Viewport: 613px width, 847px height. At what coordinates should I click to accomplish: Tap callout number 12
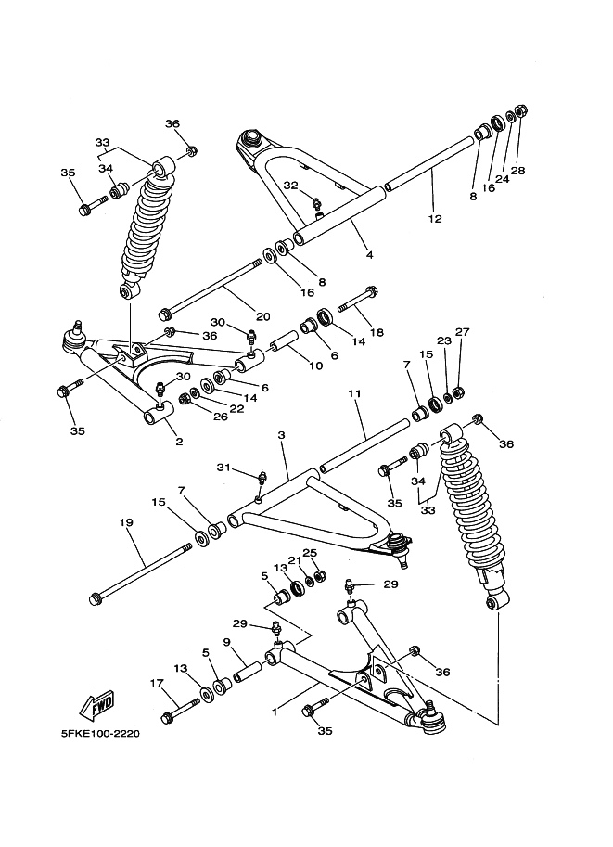pos(435,219)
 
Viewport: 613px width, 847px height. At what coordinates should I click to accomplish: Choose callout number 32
pos(290,186)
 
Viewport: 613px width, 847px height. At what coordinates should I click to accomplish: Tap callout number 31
pos(223,467)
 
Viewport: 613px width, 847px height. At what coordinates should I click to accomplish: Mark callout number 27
pos(463,332)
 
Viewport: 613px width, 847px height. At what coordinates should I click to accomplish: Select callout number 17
pos(155,684)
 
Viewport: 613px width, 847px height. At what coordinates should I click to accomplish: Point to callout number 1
pos(274,713)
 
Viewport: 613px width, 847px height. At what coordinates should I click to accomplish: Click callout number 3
pos(280,435)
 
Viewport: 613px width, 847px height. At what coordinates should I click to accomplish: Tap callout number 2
pos(179,442)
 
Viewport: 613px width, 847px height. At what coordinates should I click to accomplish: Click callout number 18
pos(376,331)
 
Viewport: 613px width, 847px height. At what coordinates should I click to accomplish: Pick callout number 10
pos(315,365)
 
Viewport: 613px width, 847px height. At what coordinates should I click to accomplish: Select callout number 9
pos(226,642)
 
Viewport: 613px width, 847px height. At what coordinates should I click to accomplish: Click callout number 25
pos(311,553)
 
